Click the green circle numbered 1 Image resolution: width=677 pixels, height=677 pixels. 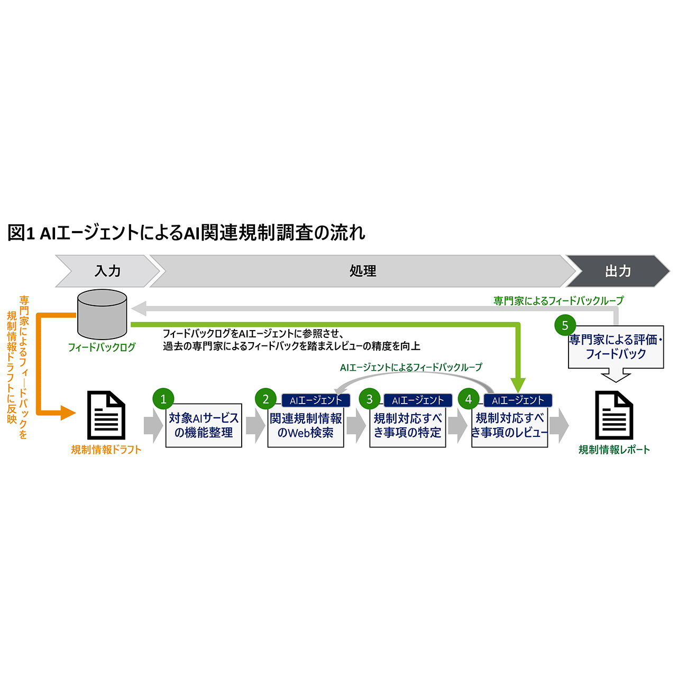click(163, 399)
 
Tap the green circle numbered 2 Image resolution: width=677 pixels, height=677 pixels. click(266, 399)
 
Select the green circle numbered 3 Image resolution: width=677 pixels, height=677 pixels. click(369, 399)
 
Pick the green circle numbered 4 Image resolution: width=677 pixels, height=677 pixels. click(469, 399)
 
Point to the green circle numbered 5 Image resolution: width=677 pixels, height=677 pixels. click(565, 325)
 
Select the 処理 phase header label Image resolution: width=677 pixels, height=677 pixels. click(363, 271)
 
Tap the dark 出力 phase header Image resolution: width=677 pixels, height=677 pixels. click(618, 271)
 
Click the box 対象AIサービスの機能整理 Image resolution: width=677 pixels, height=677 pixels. click(204, 426)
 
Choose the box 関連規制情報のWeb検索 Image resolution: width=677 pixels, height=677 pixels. click(306, 426)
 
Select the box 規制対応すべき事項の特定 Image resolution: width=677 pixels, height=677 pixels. click(407, 426)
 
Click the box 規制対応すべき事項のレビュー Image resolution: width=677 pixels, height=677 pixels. click(509, 426)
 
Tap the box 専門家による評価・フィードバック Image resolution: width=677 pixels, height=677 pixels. click(616, 347)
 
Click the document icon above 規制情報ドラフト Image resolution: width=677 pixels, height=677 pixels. click(106, 415)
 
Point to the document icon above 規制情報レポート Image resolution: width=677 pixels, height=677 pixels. click(614, 415)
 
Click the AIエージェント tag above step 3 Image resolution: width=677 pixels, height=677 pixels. click(418, 400)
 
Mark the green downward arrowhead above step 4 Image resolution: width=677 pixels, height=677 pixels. click(518, 385)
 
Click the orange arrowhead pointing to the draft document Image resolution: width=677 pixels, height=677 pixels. click(68, 413)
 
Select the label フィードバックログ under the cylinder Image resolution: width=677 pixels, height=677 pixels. click(102, 347)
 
